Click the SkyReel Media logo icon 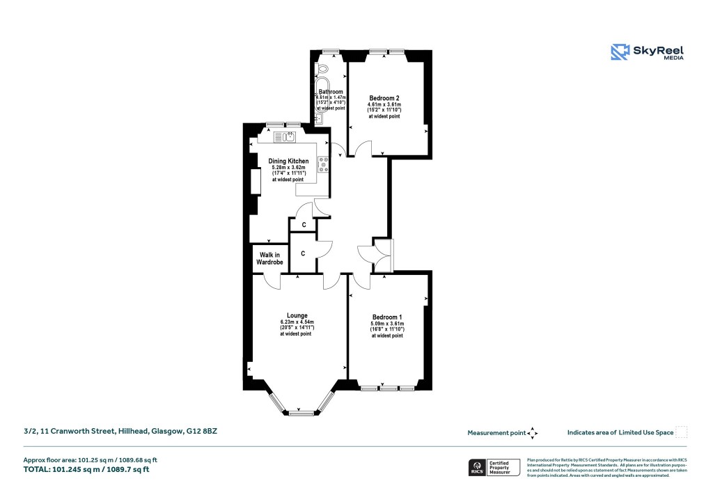[620, 52]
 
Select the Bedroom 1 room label [386, 317]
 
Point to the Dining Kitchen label [288, 161]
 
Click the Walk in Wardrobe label [268, 258]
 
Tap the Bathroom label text [330, 92]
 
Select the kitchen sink [286, 136]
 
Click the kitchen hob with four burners [324, 164]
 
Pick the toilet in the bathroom [324, 70]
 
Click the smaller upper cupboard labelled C [304, 225]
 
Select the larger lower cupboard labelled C [303, 253]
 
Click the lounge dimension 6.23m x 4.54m [297, 322]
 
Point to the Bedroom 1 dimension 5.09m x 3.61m [386, 324]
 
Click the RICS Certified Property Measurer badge [494, 467]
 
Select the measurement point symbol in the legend [533, 432]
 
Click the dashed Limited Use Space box [682, 432]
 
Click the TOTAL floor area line [86, 469]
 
